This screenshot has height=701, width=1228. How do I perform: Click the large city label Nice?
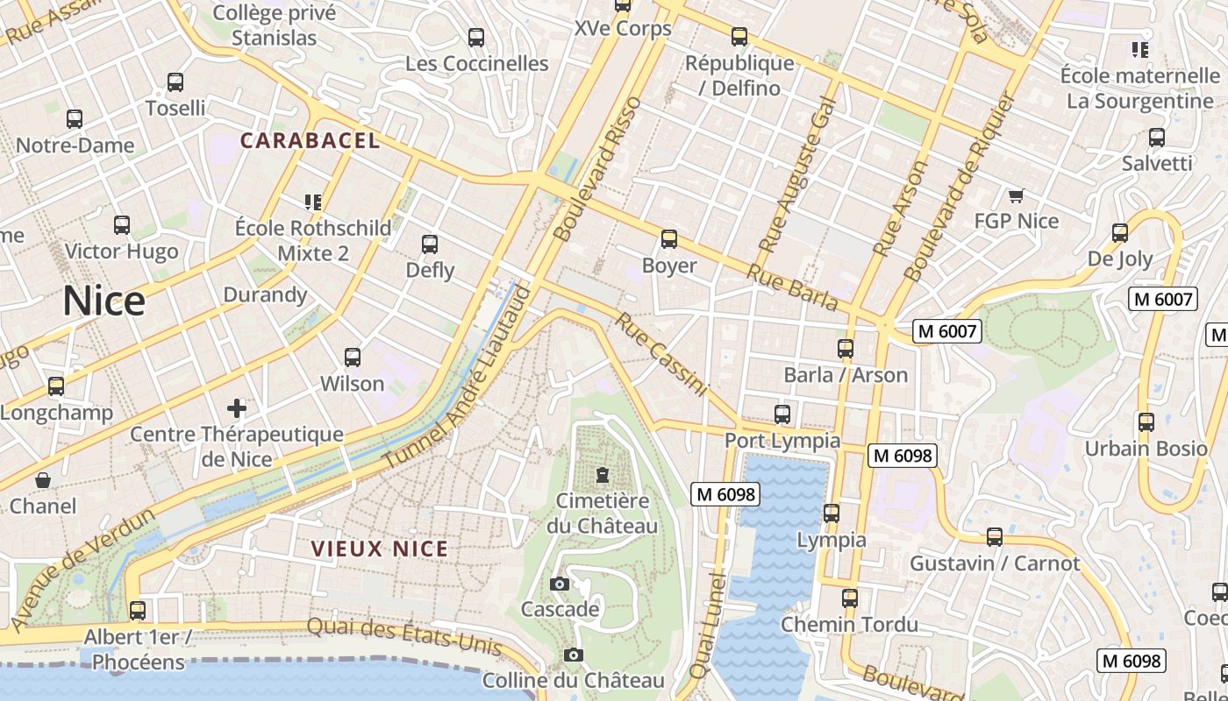(104, 301)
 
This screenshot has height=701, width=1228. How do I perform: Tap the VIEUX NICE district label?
(380, 549)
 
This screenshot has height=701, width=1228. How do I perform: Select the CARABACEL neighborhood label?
(310, 140)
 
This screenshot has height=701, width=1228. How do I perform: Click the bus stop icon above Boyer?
(669, 239)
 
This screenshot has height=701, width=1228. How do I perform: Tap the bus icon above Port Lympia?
(782, 414)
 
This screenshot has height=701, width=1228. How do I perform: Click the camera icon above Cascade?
(560, 584)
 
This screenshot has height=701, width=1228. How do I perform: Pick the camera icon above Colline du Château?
(573, 655)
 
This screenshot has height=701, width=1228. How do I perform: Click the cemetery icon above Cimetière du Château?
(602, 475)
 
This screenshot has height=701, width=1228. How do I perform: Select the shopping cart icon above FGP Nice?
(1016, 195)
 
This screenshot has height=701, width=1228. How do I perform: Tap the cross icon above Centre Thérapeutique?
(237, 408)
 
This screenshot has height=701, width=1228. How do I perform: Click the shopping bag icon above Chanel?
(42, 480)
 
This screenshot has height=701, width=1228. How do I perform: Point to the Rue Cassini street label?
(660, 354)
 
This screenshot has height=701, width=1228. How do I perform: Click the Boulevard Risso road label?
(599, 168)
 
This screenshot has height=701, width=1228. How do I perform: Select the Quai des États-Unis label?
(404, 637)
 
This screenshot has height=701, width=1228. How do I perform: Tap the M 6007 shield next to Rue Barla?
(946, 331)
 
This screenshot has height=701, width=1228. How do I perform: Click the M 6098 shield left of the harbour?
(725, 494)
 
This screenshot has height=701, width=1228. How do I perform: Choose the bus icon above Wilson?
(353, 358)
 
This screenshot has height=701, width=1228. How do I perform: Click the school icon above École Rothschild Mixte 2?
(313, 202)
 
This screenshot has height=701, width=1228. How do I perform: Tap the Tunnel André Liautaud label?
(457, 377)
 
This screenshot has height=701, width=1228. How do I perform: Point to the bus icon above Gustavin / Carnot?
(995, 537)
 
